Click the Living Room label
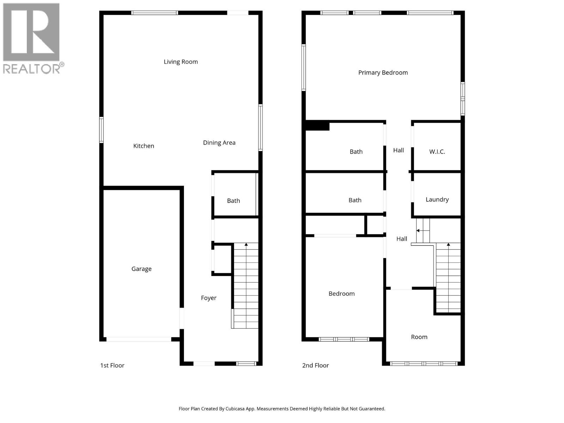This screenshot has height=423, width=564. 180,62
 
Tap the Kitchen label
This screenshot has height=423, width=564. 143,146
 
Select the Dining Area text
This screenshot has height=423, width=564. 219,143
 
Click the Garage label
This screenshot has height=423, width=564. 141,269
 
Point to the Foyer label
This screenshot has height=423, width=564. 209,298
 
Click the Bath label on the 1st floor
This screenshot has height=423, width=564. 233,201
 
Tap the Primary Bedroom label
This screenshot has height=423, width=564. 383,73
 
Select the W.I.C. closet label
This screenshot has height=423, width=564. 437,152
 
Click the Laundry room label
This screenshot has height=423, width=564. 437,200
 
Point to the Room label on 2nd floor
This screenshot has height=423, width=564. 419,337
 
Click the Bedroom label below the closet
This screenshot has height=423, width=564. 342,294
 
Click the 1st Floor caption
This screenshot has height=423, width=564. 112,366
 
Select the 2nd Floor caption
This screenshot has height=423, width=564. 315,366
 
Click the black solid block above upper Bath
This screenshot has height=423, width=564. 317,126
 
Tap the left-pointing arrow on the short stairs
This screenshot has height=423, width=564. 418,231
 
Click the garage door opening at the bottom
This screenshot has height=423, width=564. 139,339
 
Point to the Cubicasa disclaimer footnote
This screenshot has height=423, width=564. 282,409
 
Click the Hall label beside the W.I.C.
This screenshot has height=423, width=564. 398,151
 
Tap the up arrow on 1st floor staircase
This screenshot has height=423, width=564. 246,244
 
